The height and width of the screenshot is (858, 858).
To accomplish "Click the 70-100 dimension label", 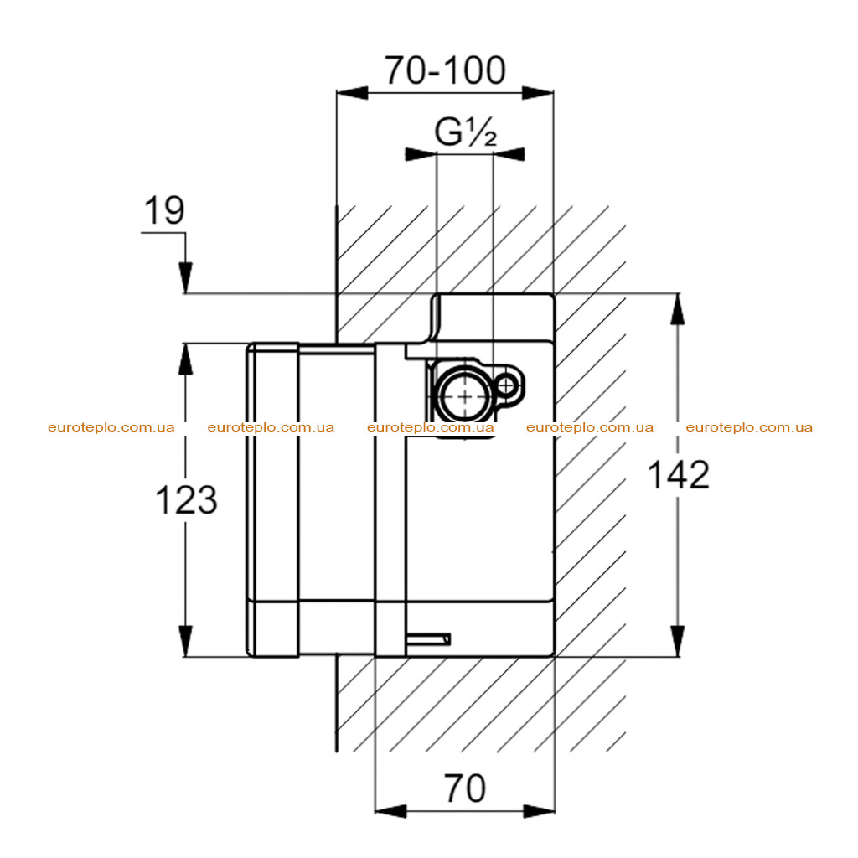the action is click(x=444, y=70).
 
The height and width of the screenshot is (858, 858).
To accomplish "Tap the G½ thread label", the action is click(x=466, y=132).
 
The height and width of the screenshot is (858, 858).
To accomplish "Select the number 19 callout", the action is click(x=164, y=210).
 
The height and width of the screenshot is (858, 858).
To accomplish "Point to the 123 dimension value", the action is click(x=187, y=500).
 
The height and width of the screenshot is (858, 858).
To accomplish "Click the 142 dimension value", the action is click(x=679, y=475).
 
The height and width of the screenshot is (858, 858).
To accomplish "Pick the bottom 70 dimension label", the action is click(x=464, y=788).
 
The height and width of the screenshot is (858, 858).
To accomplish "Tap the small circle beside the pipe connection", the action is click(x=507, y=385).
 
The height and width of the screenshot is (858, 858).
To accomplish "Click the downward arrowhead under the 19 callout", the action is click(x=185, y=278).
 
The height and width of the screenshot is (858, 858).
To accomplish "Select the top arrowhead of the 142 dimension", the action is click(x=678, y=309).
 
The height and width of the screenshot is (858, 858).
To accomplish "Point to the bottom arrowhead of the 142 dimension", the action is click(x=678, y=641).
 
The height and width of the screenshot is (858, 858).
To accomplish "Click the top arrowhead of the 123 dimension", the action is click(x=185, y=359).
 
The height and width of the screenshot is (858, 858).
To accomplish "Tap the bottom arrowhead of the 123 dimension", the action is click(x=185, y=641).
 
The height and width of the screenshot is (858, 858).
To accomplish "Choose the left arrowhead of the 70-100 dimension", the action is click(x=352, y=92).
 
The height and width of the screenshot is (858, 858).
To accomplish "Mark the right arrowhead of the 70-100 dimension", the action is click(x=538, y=92).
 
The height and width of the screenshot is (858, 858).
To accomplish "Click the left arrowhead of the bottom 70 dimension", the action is click(x=390, y=811).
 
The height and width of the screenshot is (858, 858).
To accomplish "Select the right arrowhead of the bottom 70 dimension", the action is click(x=539, y=811).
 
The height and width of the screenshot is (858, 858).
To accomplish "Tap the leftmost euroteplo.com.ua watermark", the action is click(x=111, y=427).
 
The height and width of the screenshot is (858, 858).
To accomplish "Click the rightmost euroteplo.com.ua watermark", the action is click(x=749, y=427).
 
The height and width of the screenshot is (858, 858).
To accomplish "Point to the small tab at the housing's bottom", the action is click(x=428, y=638).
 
